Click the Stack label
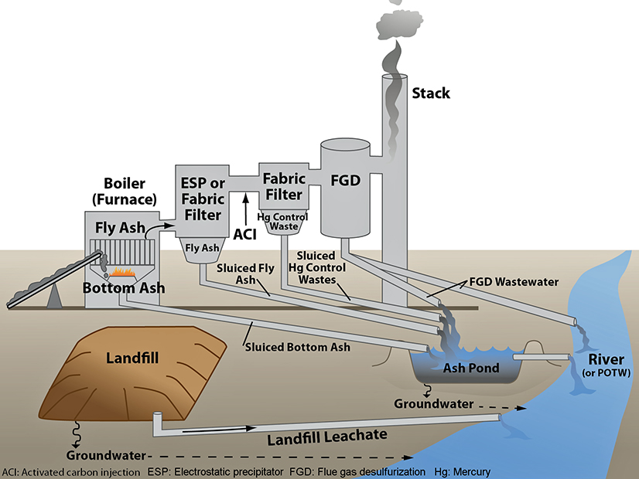coord(431,93)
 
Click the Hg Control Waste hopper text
coord(282,222)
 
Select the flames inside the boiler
coord(123,271)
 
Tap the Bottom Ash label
coord(124,289)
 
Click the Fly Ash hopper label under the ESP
coord(200,249)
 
